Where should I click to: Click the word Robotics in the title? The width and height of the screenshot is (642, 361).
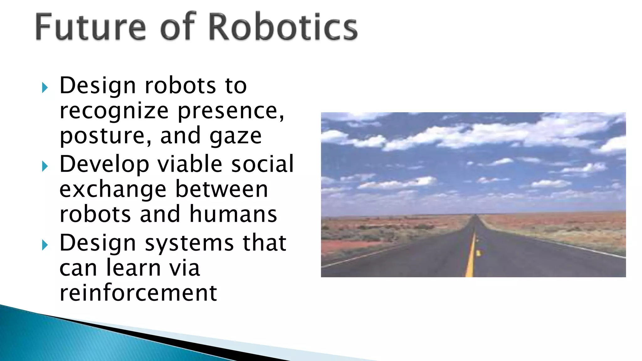pos(283,27)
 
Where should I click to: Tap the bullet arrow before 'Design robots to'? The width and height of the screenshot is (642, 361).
pos(45,88)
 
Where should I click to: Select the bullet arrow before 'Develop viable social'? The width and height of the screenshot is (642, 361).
pos(45,166)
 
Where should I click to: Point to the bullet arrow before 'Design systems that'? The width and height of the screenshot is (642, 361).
pos(45,245)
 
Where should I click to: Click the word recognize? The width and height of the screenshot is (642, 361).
pos(114,112)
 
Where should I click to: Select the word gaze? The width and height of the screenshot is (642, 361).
pos(235,137)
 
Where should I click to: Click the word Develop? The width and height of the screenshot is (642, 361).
pos(104,164)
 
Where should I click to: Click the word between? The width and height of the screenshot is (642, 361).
pos(221,189)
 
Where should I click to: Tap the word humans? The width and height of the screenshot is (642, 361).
pos(233,214)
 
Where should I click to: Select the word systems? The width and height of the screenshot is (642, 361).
pos(189,244)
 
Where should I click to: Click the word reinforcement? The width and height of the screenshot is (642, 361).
pos(138,293)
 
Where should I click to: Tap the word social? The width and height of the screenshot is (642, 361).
pos(262,164)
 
